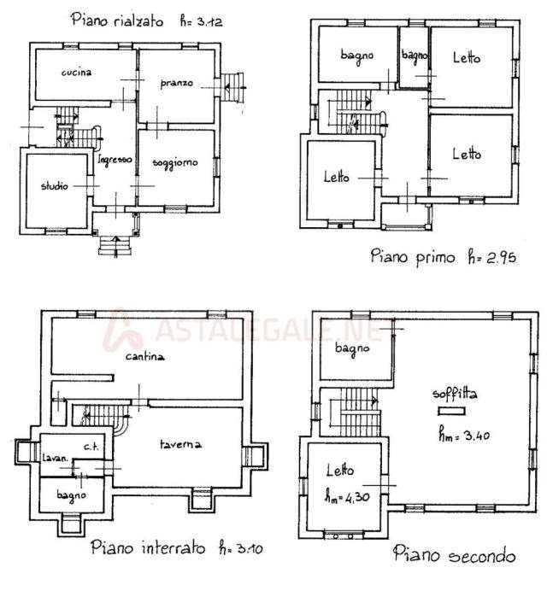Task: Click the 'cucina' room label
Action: coord(76,73)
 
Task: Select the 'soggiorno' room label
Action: coord(175,162)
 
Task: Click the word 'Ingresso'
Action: coord(114,160)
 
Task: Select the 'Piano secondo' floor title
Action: coord(455,556)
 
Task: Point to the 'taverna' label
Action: coord(179,444)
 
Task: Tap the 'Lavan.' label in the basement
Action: coord(56,459)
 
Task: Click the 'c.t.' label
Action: coord(88,446)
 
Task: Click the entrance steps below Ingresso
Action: coord(113,247)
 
